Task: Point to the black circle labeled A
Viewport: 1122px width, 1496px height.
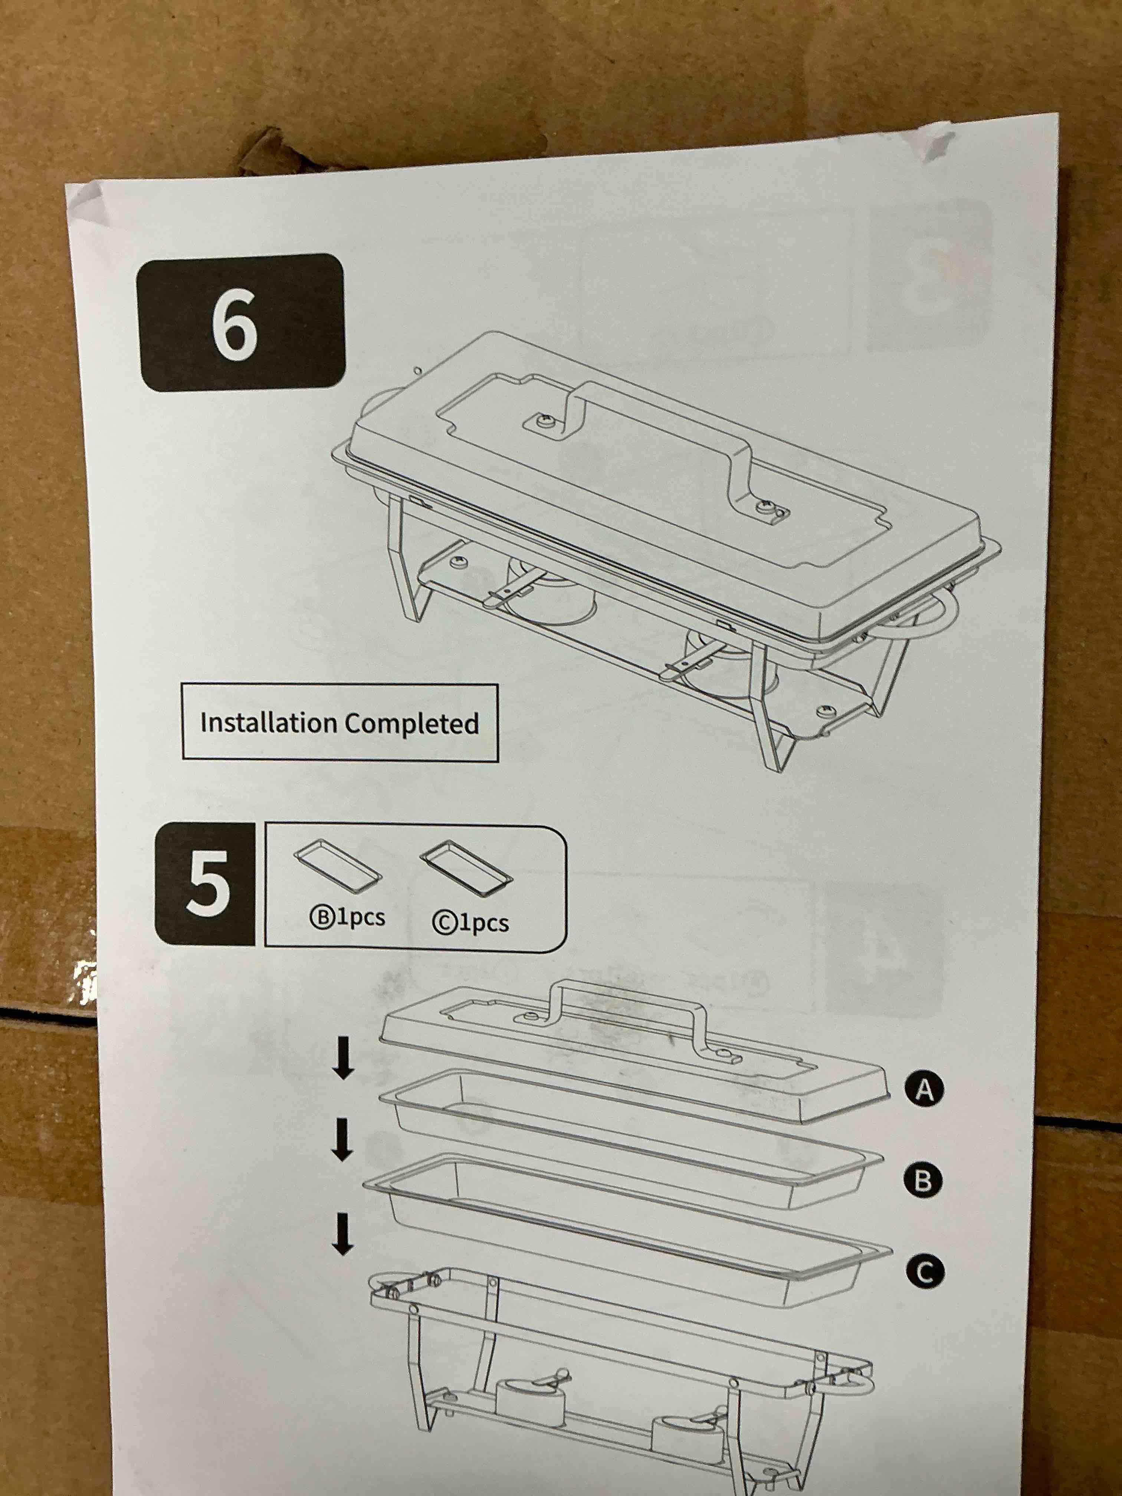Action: point(924,1090)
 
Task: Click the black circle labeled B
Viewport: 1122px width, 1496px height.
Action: point(922,1181)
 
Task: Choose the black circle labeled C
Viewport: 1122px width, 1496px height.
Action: point(925,1272)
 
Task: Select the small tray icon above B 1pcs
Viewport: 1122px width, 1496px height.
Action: point(338,866)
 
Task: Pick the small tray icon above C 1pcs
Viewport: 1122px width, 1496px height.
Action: point(466,869)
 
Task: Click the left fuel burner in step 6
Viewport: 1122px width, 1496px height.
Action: point(549,588)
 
